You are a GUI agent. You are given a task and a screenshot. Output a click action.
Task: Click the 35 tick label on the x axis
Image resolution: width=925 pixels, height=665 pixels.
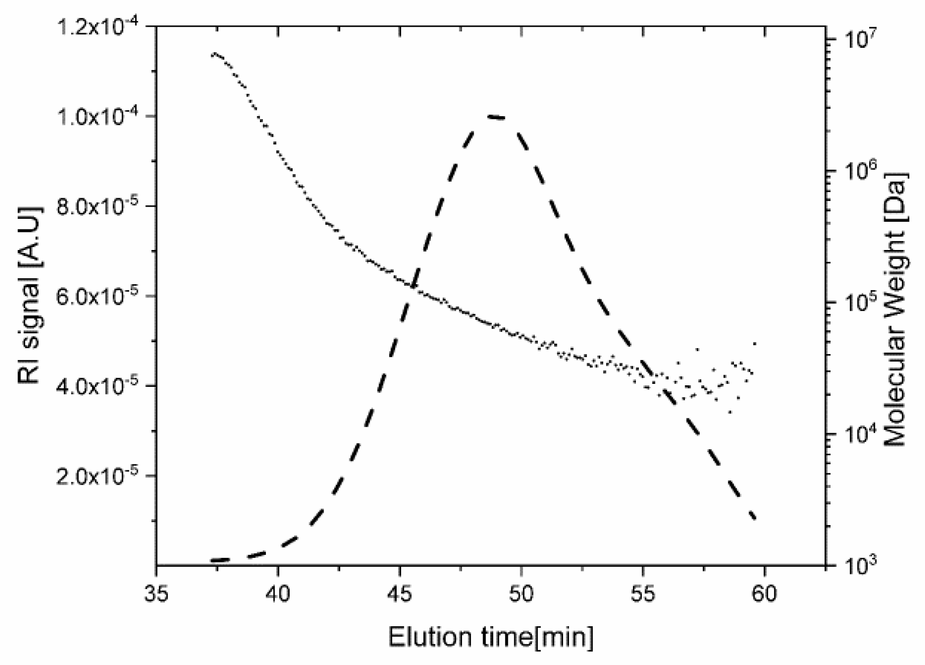(156, 594)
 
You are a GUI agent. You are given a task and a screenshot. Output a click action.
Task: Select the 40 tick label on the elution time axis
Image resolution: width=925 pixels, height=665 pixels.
(278, 594)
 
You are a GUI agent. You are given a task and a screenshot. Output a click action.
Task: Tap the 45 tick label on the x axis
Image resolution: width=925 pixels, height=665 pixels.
(400, 594)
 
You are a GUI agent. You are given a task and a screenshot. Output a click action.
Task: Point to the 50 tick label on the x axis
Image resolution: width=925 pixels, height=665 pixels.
(521, 594)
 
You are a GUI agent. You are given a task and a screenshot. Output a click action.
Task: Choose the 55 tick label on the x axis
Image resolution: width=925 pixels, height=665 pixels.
(643, 594)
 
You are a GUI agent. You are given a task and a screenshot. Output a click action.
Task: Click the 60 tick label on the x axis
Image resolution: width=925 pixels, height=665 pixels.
(765, 594)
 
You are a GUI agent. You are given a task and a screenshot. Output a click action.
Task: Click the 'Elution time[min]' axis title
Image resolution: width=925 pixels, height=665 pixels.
(491, 637)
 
